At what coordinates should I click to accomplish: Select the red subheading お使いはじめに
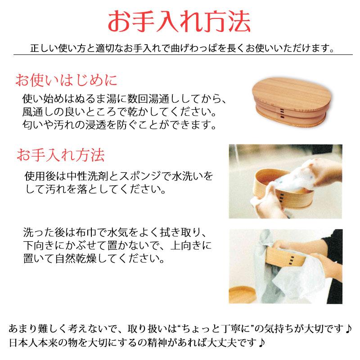66,81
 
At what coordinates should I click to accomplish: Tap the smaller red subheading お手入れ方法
60,155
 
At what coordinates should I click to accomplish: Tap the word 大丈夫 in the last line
230,342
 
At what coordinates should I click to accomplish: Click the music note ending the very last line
262,342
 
